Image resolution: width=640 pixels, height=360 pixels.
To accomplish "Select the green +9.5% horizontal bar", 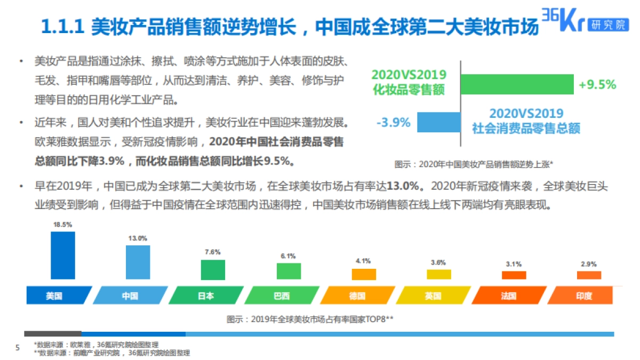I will (517, 84).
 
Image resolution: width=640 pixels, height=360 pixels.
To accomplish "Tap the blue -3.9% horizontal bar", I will (438, 122).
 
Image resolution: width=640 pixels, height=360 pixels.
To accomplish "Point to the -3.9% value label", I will (393, 123).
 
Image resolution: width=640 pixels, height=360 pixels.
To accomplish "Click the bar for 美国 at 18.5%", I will (62, 255).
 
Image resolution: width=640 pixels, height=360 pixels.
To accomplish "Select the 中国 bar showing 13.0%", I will (138, 262).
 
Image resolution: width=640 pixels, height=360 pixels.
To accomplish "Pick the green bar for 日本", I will (213, 270).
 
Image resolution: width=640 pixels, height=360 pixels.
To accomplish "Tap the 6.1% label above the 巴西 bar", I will (288, 256).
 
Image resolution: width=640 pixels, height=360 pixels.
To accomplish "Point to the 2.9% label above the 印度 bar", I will (589, 264).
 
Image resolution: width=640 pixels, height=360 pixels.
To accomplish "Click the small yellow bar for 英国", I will (438, 274).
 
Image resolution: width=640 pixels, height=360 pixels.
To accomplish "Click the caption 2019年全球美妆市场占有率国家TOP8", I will (310, 319).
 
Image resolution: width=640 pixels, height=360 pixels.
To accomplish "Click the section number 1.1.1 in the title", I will (63, 27).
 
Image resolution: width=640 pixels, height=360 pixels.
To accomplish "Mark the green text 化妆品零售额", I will (409, 90).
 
